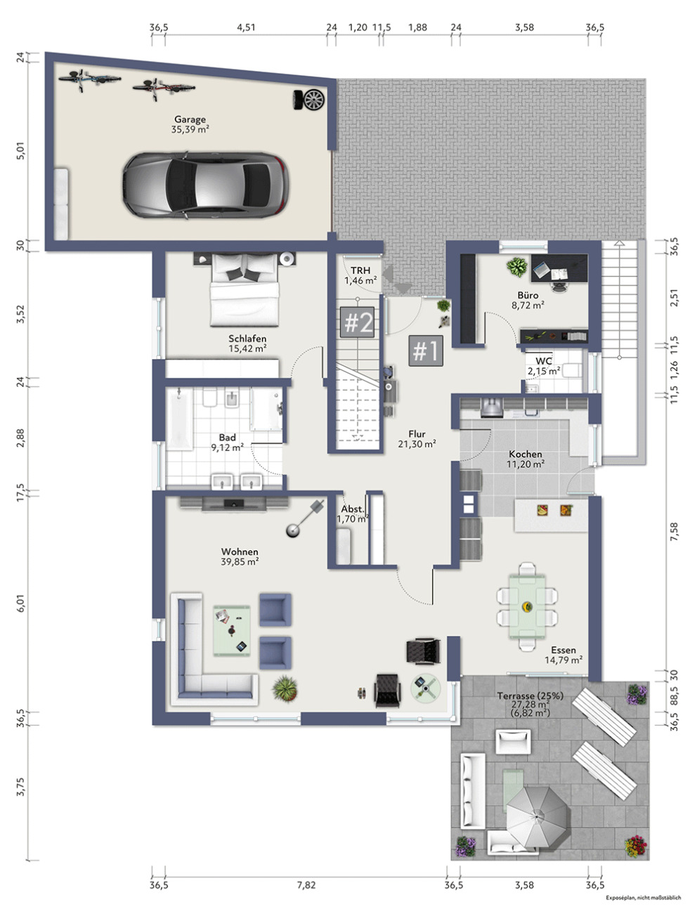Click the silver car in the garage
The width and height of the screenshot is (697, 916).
click(x=205, y=185)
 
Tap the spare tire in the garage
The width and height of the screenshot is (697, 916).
click(x=309, y=100)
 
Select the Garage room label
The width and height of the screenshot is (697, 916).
click(x=190, y=119)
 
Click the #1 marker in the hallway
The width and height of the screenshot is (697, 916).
click(x=426, y=351)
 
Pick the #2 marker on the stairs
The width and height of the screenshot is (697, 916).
click(x=357, y=322)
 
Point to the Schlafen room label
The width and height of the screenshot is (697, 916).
click(x=247, y=339)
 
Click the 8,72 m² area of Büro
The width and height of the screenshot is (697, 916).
click(x=528, y=305)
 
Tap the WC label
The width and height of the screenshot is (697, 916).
click(x=544, y=361)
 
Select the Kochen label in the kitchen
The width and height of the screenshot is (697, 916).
click(x=526, y=454)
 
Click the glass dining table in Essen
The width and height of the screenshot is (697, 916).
click(x=527, y=607)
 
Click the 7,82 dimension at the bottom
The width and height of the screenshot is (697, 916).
click(x=306, y=884)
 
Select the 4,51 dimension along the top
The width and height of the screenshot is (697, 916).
click(x=246, y=27)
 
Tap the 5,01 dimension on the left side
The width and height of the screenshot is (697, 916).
click(x=21, y=150)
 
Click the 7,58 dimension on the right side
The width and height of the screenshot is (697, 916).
click(x=674, y=532)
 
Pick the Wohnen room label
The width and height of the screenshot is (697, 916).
click(x=240, y=551)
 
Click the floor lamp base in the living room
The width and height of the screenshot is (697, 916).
click(x=293, y=531)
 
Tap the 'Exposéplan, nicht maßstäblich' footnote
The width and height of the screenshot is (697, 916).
click(x=643, y=897)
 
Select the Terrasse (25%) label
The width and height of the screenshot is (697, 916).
click(x=530, y=696)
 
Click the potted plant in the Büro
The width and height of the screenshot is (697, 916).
click(x=516, y=267)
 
